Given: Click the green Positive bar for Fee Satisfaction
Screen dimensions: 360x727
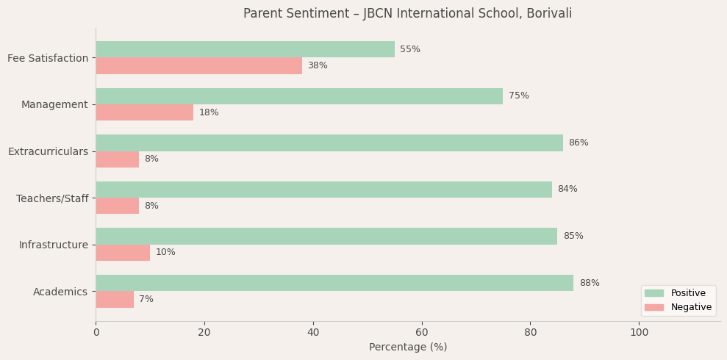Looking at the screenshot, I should (245, 49).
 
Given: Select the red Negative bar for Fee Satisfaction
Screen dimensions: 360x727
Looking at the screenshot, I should (198, 66).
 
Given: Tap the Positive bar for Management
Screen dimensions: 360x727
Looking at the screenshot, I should (299, 96).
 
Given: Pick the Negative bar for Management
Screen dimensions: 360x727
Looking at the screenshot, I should (144, 112).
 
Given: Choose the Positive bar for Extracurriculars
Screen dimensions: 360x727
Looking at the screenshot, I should (329, 143).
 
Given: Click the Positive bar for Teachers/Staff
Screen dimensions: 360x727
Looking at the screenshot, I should (323, 190).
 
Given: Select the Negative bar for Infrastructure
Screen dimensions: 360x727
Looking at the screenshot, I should (123, 253).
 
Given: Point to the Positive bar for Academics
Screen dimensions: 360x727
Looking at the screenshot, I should (334, 283).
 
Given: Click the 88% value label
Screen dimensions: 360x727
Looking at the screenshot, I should (589, 283).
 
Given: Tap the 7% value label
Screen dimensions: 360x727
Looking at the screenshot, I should (146, 300).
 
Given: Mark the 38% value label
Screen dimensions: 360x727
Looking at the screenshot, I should (318, 66).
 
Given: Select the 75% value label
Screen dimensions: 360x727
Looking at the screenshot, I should (518, 96).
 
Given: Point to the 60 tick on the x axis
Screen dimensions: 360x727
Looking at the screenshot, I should (422, 332).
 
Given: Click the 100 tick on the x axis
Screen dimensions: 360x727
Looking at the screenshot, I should (639, 332).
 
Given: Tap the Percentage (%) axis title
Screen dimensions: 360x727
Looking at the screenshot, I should (408, 348).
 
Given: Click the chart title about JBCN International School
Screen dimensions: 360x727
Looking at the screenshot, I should (407, 14).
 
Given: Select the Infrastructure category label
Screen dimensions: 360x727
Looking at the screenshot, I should (53, 245).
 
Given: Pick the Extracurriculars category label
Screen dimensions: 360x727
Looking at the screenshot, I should (48, 151).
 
